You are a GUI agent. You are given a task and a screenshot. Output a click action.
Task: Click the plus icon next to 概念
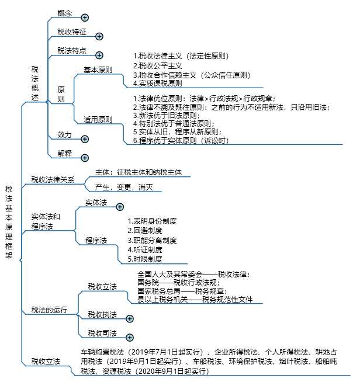tap(85, 18)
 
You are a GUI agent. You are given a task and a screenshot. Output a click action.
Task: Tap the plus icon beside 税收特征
tap(99, 37)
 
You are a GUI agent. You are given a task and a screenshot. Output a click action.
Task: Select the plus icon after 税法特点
tap(99, 55)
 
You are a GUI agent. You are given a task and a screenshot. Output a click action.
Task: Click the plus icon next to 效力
tap(85, 139)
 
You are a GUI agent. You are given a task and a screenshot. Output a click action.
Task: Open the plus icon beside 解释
tap(85, 158)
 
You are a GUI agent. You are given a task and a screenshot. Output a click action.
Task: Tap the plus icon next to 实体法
tap(120, 207)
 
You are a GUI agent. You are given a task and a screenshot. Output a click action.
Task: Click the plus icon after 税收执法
tap(130, 319)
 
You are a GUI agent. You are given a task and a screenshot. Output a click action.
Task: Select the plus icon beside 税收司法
tap(130, 338)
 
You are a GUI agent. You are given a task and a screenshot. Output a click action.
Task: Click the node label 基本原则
tap(98, 70)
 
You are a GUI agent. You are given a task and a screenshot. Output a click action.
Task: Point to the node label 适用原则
tap(98, 119)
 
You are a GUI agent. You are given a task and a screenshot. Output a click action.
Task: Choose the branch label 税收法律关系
tap(53, 179)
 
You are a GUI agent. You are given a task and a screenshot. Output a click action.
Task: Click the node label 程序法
tap(96, 241)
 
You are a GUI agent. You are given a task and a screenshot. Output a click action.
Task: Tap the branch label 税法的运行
tap(49, 310)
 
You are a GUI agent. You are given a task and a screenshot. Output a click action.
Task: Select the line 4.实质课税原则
tap(157, 84)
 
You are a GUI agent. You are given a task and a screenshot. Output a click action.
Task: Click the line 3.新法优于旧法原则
tap(167, 115)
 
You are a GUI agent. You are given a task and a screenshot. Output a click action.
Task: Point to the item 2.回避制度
tap(145, 231)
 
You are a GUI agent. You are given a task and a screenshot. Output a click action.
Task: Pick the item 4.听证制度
tap(145, 250)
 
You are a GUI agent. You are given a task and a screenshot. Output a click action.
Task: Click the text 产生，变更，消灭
tap(124, 187)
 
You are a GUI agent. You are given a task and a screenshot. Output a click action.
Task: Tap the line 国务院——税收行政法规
tap(179, 283)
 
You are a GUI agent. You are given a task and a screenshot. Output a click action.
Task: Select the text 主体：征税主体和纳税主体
tap(139, 172)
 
